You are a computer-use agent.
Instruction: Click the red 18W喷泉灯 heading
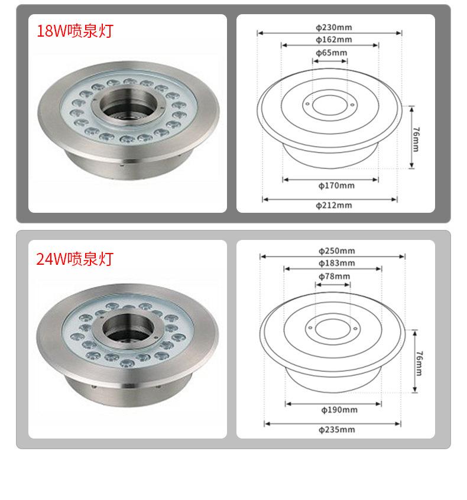pos(75,31)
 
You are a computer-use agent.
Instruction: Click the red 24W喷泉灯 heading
pos(74,258)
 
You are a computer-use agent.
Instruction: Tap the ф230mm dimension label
pos(334,27)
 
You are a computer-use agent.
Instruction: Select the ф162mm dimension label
pos(334,40)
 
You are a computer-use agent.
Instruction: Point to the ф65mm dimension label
pos(332,53)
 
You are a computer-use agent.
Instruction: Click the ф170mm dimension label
pos(336,185)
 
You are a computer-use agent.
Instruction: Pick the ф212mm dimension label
pos(334,205)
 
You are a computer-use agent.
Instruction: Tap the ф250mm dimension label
pos(337,251)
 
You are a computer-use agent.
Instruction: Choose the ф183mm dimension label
pos(337,263)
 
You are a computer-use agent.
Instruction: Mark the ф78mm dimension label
pos(335,276)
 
